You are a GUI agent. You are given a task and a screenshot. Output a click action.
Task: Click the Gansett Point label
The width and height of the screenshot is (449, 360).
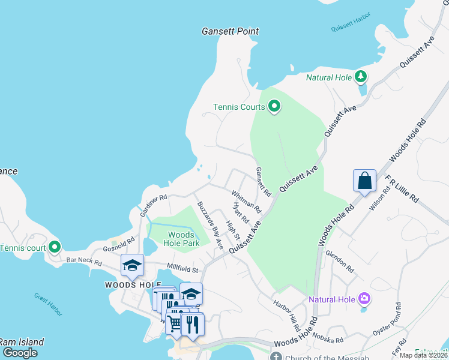(x=231, y=31)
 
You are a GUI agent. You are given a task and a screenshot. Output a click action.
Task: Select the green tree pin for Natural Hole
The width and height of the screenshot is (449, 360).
(x=360, y=76)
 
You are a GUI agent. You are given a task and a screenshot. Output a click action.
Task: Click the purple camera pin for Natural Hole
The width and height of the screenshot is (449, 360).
(x=363, y=298)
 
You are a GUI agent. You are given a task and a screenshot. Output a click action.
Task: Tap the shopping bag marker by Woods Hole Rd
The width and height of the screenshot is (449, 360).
(x=364, y=181)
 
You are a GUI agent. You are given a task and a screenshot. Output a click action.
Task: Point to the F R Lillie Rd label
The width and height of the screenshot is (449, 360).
(x=402, y=191)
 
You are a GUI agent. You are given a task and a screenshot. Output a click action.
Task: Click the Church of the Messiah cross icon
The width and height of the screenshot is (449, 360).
(x=276, y=356)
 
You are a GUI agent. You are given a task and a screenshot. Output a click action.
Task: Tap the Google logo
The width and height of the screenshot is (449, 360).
(x=20, y=353)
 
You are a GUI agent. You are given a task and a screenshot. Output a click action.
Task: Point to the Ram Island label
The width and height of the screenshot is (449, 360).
(x=22, y=342)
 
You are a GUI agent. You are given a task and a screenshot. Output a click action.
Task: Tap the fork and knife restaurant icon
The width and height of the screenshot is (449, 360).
(x=192, y=324)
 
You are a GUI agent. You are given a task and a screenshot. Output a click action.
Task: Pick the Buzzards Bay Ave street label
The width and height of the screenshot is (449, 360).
(x=210, y=225)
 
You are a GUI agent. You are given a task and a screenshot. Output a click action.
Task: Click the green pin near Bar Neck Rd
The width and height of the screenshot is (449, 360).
(x=55, y=247)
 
